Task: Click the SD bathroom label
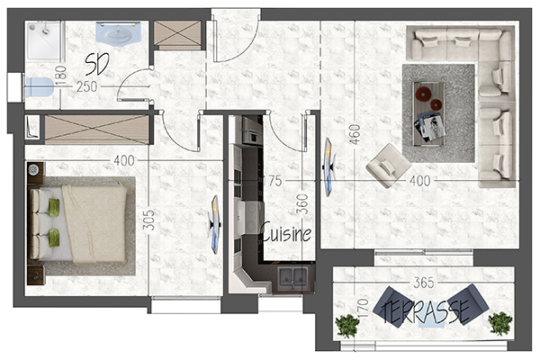click(x=97, y=64)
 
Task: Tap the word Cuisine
click(x=287, y=232)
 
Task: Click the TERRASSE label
click(x=426, y=311)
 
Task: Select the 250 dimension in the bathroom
click(x=86, y=86)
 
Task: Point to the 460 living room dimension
click(x=355, y=134)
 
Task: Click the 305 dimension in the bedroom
click(x=148, y=220)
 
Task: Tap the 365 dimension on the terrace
click(x=424, y=283)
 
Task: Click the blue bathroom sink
click(x=118, y=32)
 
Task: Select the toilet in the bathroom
click(x=40, y=86)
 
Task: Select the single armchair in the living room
click(x=389, y=166)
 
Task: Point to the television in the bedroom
click(x=215, y=224)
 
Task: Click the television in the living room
click(x=329, y=167)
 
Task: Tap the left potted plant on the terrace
click(x=347, y=326)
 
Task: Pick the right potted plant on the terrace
click(x=500, y=323)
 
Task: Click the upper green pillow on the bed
click(x=54, y=207)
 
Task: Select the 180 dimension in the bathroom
click(x=60, y=76)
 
